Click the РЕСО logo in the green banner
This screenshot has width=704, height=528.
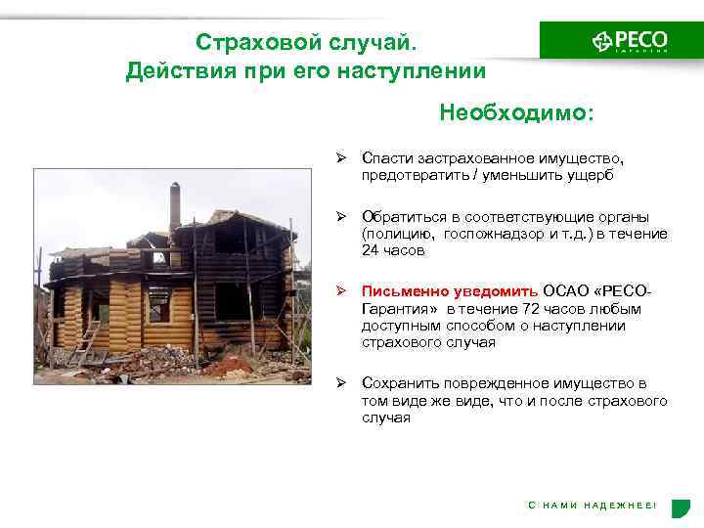click(630, 41)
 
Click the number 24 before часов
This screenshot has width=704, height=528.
click(371, 250)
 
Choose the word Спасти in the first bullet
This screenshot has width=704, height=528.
click(383, 157)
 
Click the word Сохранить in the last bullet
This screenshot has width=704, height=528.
click(395, 383)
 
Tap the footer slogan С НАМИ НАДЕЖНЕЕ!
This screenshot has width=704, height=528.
click(593, 505)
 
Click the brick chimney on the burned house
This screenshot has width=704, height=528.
click(176, 206)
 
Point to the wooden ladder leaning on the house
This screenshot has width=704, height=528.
click(87, 338)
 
